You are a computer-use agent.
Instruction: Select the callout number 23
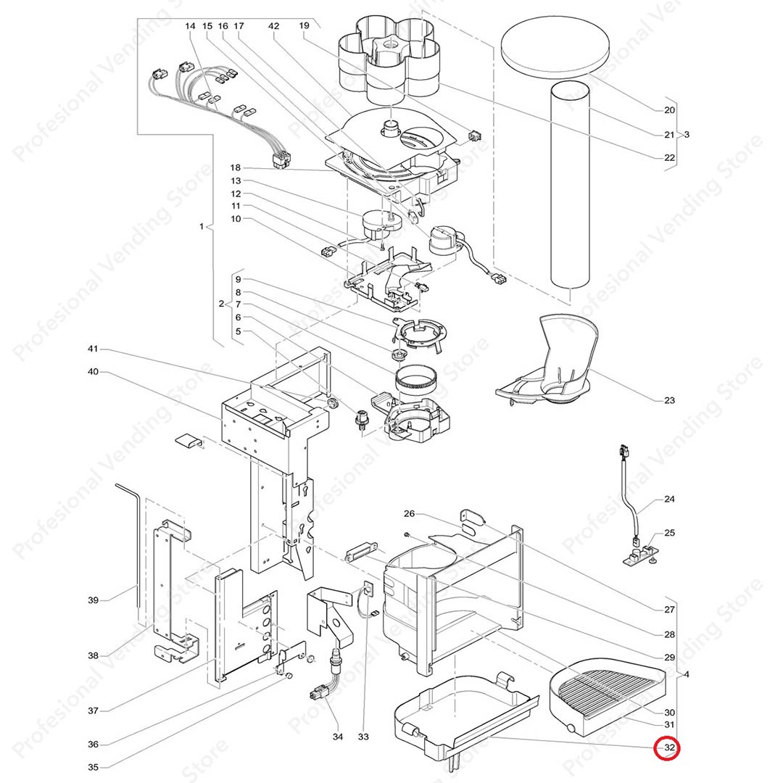coord(668,400)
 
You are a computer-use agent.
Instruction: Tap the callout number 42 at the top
coord(273,26)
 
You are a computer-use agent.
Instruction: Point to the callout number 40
coord(93,373)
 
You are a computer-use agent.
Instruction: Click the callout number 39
coord(93,600)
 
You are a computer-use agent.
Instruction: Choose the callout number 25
coord(668,533)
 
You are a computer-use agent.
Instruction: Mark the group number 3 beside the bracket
coord(687,134)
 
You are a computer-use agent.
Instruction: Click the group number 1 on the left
coord(202,227)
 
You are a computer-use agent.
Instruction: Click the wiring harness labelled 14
coord(217,109)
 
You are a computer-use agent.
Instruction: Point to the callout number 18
coord(235,167)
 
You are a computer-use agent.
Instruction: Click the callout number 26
coord(409,514)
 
